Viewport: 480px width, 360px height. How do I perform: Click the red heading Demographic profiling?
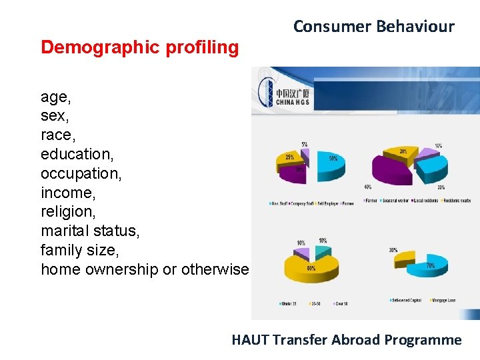(139, 47)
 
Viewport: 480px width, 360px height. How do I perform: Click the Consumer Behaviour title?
(373, 27)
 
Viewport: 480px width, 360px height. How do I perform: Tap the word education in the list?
(77, 154)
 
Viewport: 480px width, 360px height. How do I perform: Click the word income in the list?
(67, 193)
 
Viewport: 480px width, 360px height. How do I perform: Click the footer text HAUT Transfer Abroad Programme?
(346, 340)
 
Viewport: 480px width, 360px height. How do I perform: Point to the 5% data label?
(304, 145)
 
